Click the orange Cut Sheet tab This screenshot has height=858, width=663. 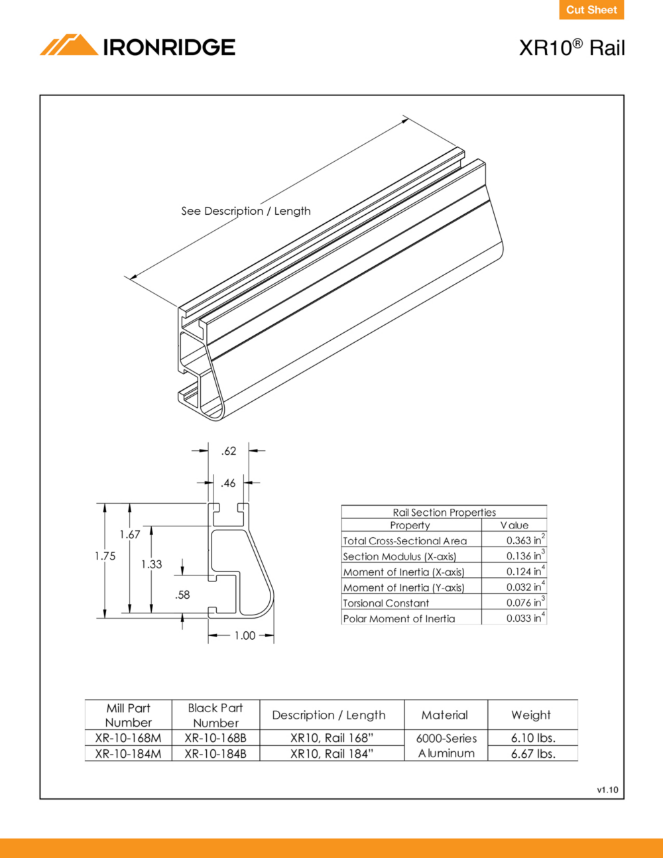[x=591, y=9]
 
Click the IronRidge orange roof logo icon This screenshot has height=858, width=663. [x=69, y=44]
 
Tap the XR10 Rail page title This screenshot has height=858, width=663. [x=572, y=48]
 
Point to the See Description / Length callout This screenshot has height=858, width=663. [x=246, y=212]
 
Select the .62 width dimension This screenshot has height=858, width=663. [x=229, y=450]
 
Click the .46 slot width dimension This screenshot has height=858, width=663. [x=228, y=483]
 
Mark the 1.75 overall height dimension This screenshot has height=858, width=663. [x=105, y=556]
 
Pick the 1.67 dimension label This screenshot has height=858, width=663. [x=130, y=534]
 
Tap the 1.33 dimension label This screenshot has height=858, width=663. [x=152, y=564]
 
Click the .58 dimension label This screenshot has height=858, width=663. [x=182, y=595]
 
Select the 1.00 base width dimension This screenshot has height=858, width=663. [x=245, y=636]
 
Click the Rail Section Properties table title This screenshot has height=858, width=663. [x=444, y=513]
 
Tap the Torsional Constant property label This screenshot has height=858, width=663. [x=386, y=603]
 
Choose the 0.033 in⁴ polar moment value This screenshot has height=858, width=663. [x=526, y=617]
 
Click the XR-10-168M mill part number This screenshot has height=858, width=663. [x=128, y=738]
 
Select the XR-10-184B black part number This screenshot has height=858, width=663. [x=215, y=754]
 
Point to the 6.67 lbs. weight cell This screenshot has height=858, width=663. [x=533, y=754]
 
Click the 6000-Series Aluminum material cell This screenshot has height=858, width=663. [x=446, y=745]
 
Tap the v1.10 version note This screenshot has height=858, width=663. [x=607, y=790]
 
